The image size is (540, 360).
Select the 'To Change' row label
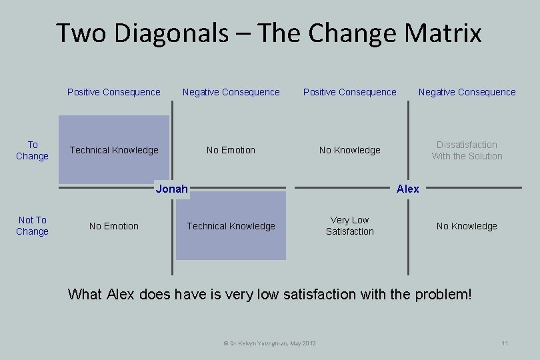click(x=32, y=150)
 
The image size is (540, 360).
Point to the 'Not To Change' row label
click(x=32, y=225)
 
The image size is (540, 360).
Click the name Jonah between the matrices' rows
click(x=171, y=189)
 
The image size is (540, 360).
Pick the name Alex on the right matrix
click(x=407, y=189)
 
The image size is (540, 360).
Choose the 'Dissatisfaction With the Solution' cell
click(x=467, y=150)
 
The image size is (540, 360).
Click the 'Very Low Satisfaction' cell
click(x=349, y=225)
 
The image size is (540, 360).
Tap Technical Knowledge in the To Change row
click(x=114, y=150)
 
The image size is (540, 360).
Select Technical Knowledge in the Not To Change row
click(x=231, y=226)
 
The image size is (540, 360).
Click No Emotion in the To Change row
click(x=231, y=150)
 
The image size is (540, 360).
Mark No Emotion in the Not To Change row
click(x=114, y=226)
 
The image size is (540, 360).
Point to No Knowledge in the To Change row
click(x=349, y=150)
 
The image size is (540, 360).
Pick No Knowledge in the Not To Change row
click(x=467, y=226)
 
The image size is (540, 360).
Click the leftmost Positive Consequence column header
click(x=114, y=92)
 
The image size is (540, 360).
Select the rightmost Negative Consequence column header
click(x=467, y=92)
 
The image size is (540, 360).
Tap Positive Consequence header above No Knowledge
click(x=349, y=92)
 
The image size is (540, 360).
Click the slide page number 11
click(x=505, y=343)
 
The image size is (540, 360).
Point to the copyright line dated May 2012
click(x=269, y=343)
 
